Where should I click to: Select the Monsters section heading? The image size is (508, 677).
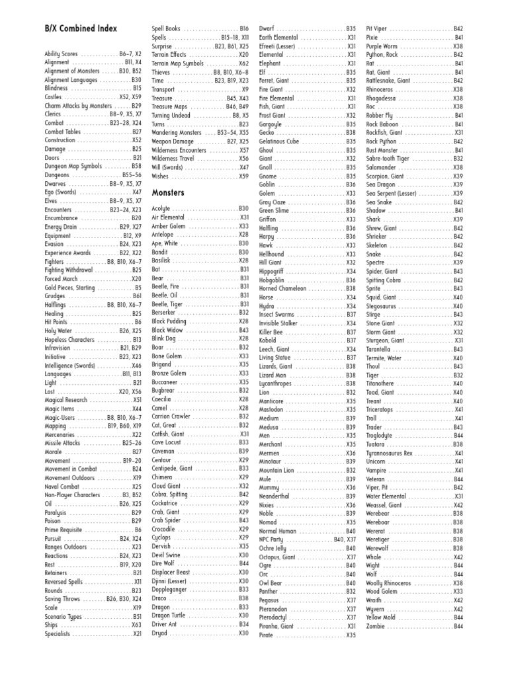point(167,192)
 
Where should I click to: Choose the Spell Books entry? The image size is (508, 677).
point(166,29)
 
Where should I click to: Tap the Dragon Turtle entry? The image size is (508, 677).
point(171,615)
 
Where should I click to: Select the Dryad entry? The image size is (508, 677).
point(161,633)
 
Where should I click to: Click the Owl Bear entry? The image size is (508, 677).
point(271,583)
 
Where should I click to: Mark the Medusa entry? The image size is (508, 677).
point(269,427)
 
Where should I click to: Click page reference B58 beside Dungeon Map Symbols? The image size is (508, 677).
point(136,167)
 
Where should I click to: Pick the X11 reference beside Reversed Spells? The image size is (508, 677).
point(137,582)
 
